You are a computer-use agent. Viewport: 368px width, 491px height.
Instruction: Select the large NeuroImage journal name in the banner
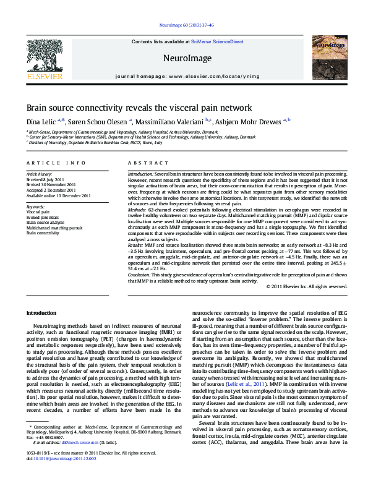tap(184, 58)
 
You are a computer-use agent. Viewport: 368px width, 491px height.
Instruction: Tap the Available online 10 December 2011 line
tap(58, 195)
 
